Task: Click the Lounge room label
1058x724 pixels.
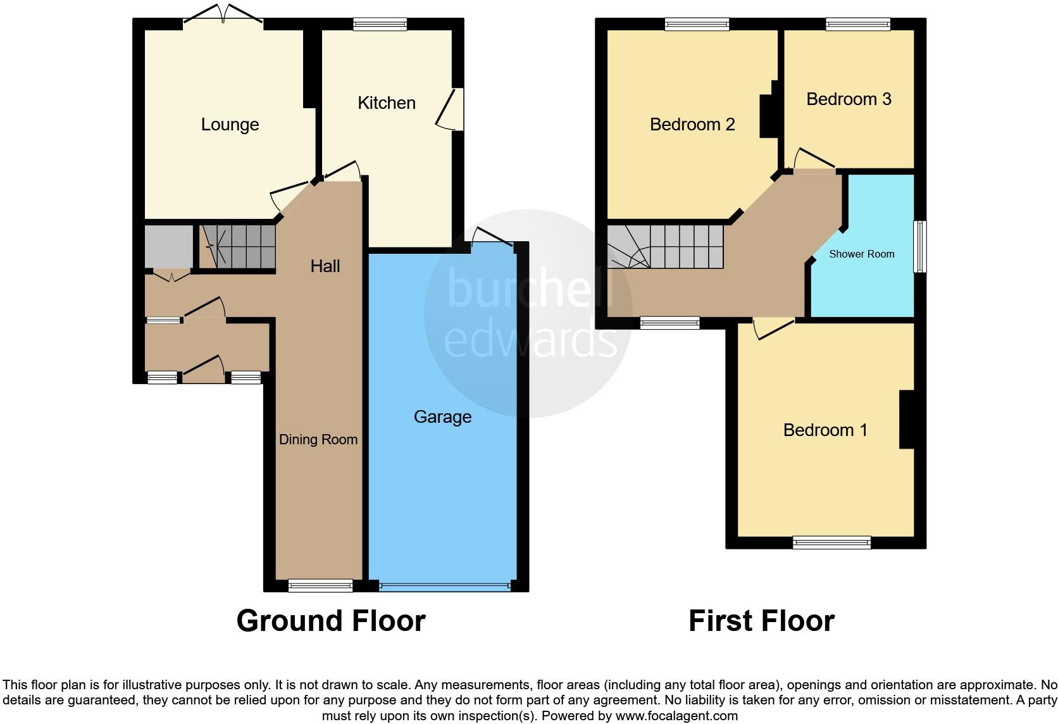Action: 230,125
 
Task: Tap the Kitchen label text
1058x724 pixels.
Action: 386,103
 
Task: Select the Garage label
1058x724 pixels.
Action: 442,417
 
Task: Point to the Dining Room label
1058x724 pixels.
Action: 318,440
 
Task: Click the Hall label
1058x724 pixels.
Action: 325,266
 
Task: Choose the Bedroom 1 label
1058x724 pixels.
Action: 825,430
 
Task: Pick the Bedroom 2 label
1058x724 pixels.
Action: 692,125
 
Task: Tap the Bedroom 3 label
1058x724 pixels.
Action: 849,99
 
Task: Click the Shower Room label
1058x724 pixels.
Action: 861,254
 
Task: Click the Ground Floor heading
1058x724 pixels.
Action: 330,621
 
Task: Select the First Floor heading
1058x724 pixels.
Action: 761,621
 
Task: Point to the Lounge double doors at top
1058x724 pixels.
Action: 223,16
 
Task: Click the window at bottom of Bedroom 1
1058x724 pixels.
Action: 831,542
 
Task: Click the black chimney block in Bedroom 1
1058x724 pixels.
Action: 906,420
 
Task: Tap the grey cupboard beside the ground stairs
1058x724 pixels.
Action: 168,247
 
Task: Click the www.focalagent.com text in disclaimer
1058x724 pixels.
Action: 676,716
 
